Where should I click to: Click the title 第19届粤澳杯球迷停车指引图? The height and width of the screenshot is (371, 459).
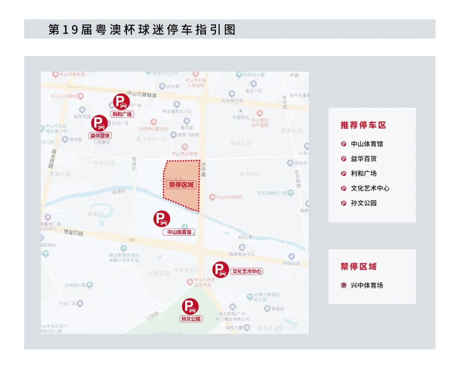[142, 29]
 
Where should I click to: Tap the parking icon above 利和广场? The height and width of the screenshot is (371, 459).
[121, 102]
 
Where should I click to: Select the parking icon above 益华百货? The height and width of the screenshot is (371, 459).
[99, 123]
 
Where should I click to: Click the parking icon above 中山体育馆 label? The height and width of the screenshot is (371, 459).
[161, 219]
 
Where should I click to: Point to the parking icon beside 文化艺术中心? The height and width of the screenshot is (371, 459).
[221, 269]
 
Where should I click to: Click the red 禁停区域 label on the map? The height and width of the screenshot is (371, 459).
[181, 184]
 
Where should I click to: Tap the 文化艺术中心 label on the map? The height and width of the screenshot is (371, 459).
[247, 272]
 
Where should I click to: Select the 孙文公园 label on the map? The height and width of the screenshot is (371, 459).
[191, 319]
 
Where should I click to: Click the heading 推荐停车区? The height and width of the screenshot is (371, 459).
[363, 125]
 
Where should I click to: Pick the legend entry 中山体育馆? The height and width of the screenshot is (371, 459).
[367, 144]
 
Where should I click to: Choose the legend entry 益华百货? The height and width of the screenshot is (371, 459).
[364, 159]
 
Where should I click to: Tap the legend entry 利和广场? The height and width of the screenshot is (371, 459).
[364, 173]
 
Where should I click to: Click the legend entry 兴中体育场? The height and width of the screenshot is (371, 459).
[367, 285]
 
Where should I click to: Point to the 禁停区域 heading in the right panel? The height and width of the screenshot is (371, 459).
[358, 266]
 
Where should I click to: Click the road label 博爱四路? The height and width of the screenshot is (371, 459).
[73, 232]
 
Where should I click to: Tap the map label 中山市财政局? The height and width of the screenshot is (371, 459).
[229, 197]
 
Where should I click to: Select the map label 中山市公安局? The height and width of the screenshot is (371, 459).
[184, 153]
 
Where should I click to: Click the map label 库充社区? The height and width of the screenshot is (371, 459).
[250, 174]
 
